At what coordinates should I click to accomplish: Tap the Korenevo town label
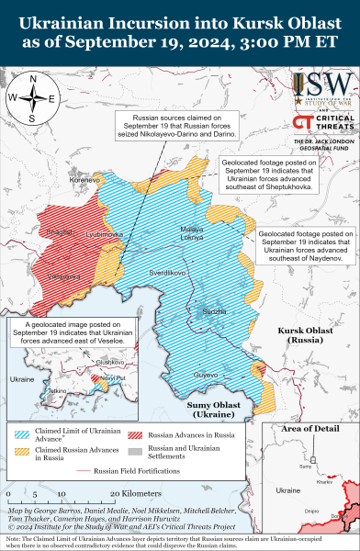click(84, 181)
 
